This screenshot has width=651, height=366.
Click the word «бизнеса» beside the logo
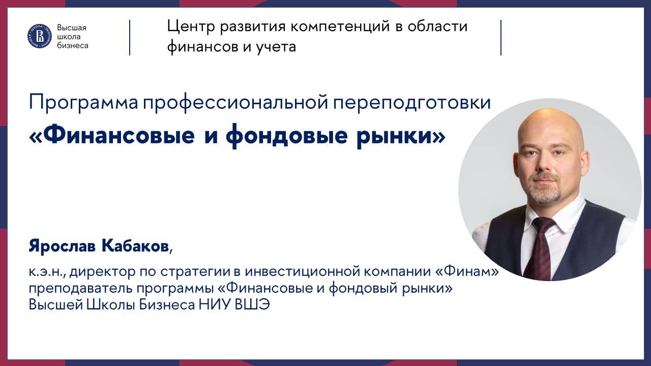coord(73,46)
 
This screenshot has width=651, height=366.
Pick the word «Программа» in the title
coord(83,103)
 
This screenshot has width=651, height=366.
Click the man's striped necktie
coord(540,249)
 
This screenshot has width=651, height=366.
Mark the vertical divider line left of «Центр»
coord(130,37)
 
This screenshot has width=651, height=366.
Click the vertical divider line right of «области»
coord(501,37)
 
